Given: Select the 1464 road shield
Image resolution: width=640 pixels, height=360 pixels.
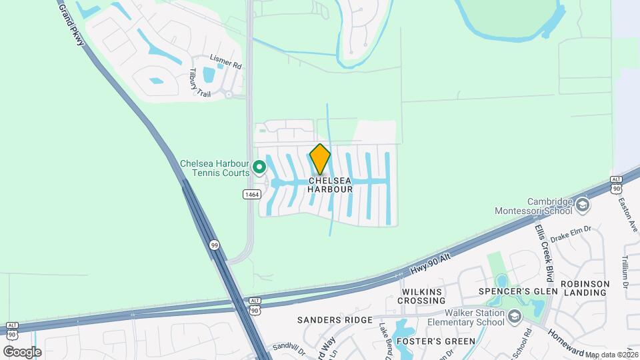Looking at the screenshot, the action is (x=251, y=194).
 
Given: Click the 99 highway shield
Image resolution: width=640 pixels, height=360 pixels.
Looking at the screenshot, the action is (x=214, y=245).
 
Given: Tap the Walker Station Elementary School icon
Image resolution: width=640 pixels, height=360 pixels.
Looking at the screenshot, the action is (x=513, y=316).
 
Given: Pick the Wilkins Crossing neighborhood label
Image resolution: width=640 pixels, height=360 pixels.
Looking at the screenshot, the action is (x=421, y=296).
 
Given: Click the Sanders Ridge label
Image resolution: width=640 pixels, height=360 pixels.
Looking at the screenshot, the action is (x=335, y=320).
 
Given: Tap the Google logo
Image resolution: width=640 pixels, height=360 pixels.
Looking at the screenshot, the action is (x=22, y=351).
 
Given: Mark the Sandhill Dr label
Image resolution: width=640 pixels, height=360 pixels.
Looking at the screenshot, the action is (x=288, y=347).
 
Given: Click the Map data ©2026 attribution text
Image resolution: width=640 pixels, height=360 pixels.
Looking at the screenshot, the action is (x=611, y=355).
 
